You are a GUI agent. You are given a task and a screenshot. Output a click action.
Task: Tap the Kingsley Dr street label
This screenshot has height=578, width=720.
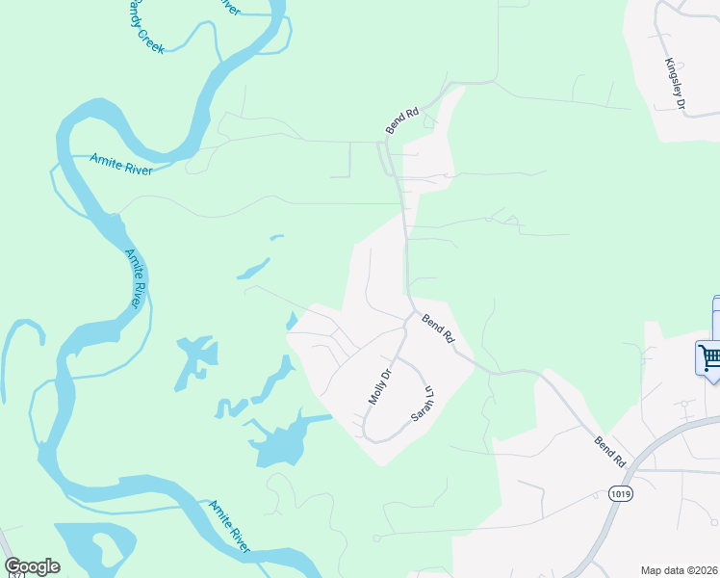[674, 84]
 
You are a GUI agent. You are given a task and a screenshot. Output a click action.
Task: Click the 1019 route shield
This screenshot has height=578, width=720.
[621, 493]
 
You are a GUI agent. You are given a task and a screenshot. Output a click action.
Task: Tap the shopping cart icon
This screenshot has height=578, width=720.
[709, 357]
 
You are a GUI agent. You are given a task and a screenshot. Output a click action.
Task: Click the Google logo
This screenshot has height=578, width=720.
[32, 566]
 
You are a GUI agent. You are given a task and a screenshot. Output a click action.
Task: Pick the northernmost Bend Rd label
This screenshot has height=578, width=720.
[402, 119]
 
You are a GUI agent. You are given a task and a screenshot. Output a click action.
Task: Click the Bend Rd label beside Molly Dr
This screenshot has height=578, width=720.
[438, 328]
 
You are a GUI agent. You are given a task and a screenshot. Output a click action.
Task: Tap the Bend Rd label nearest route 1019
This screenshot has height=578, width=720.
[610, 453]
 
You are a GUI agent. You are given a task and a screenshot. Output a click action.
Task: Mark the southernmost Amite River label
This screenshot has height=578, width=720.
[230, 526]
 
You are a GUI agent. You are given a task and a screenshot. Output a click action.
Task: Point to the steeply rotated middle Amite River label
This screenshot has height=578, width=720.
[136, 278]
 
